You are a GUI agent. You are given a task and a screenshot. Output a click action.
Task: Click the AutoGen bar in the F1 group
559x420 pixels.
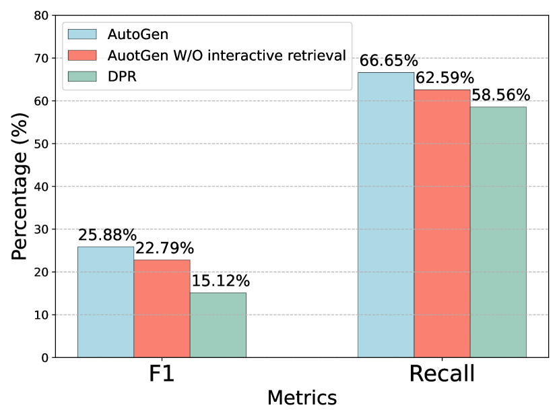[105, 301]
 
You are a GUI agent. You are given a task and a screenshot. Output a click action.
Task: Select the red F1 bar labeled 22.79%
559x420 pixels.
[162, 308]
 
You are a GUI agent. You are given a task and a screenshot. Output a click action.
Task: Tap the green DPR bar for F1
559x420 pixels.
[218, 324]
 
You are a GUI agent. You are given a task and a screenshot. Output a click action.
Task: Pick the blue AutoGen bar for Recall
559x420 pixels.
[385, 214]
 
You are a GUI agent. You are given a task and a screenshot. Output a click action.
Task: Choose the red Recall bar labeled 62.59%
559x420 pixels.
[442, 223]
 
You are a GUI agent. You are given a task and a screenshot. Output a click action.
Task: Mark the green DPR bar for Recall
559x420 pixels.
[498, 231]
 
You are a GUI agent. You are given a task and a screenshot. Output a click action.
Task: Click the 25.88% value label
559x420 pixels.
[107, 235]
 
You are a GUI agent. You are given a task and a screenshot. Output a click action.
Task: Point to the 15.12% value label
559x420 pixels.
[221, 281]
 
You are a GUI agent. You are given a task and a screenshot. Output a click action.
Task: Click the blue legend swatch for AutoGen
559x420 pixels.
[82, 33]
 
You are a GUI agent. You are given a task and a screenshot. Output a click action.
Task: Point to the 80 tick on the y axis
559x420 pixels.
[41, 16]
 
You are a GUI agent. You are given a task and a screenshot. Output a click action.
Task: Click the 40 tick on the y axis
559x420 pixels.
[41, 187]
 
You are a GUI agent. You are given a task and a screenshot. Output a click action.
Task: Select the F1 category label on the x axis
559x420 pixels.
[162, 375]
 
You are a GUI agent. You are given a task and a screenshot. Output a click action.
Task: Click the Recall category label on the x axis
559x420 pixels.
[442, 375]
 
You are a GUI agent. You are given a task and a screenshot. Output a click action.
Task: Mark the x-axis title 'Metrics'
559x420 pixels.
[302, 398]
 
